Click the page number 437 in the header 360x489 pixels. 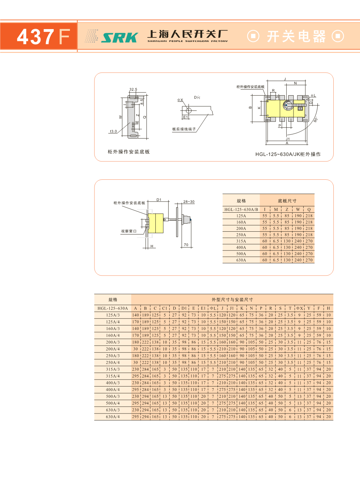(x=36, y=37)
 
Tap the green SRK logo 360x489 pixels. (x=119, y=37)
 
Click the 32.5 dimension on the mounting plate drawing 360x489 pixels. (x=133, y=89)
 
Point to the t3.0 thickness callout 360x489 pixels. (x=113, y=132)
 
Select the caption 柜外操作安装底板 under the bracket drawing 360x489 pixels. (x=128, y=152)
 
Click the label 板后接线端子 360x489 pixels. (x=184, y=129)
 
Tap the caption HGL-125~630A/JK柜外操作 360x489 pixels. (x=288, y=154)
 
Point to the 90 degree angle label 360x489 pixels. (x=315, y=120)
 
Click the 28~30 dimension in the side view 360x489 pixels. (x=189, y=202)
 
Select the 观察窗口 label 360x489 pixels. (x=128, y=231)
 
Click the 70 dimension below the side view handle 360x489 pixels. (x=186, y=245)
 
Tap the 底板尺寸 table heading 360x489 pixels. (x=287, y=201)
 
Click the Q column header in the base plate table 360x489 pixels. (x=309, y=210)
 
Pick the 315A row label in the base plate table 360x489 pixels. (x=241, y=241)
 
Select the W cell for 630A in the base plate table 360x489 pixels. (x=298, y=260)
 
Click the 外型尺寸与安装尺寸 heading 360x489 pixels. (x=232, y=300)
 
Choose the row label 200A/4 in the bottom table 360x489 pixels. (x=112, y=349)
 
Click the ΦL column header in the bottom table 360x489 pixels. (x=213, y=308)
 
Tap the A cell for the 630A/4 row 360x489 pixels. (x=135, y=417)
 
